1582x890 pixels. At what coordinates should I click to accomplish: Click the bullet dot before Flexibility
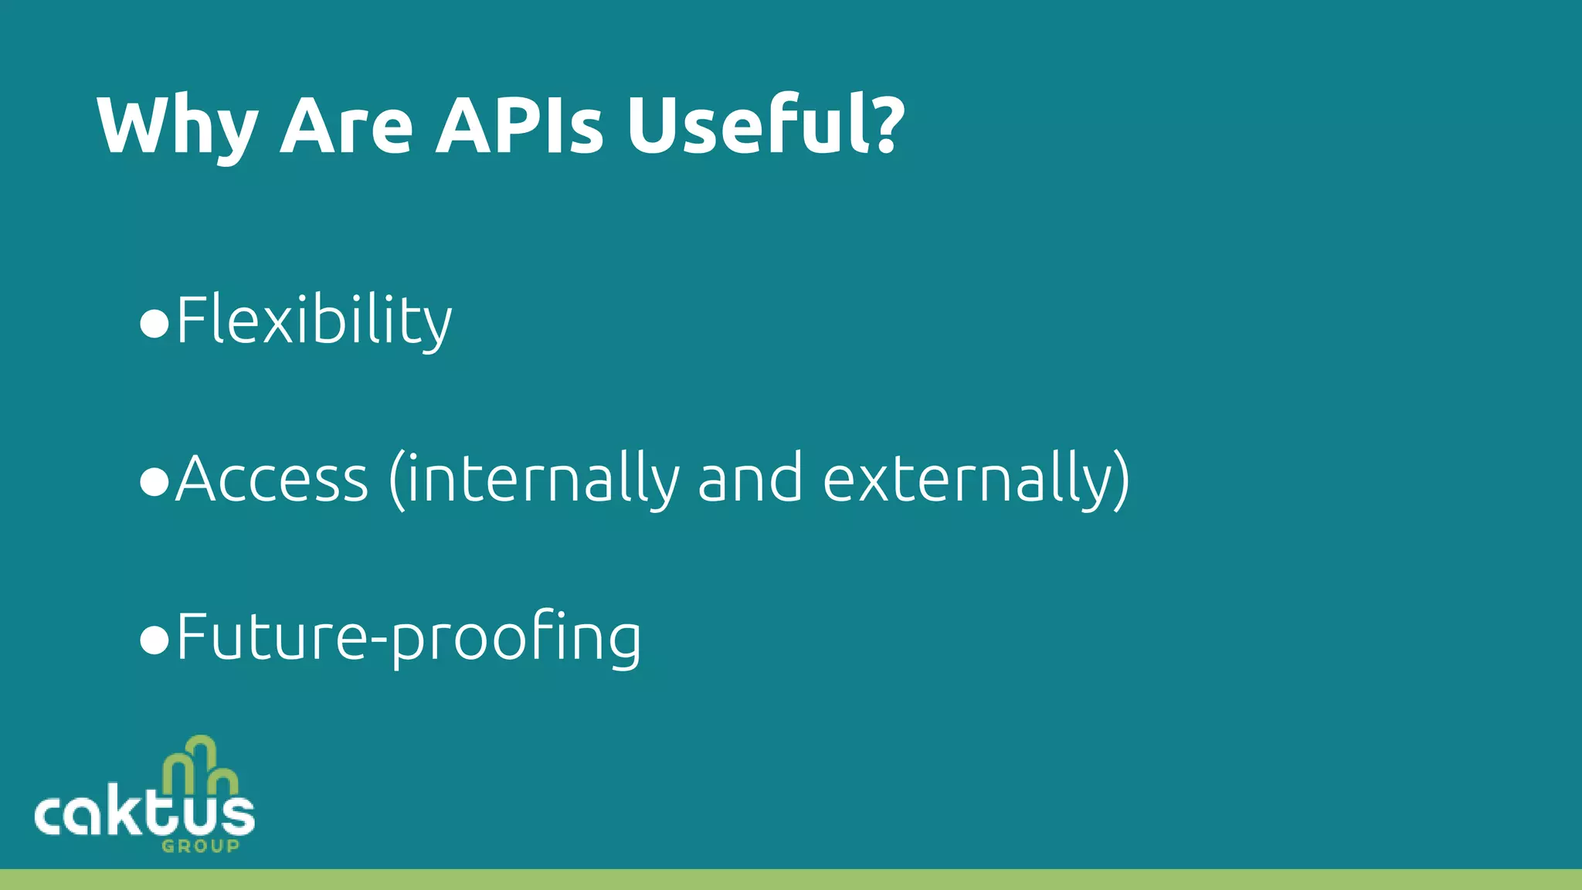(x=154, y=323)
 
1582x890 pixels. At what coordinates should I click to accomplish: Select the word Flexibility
(x=314, y=321)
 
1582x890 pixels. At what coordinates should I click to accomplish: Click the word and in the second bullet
(x=750, y=479)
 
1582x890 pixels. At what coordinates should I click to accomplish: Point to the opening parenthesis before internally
(x=396, y=481)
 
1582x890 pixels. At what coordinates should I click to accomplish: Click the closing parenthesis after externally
(x=1121, y=481)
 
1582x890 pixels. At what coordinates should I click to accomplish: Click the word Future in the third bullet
(x=270, y=637)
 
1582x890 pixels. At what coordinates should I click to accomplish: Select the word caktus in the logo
(x=144, y=815)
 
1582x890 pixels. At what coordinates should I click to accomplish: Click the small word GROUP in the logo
(x=200, y=846)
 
